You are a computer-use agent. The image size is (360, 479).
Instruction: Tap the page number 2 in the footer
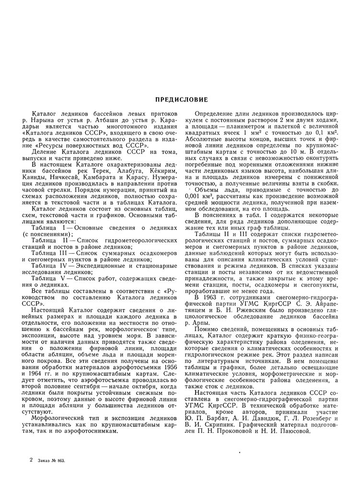(x=31, y=460)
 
